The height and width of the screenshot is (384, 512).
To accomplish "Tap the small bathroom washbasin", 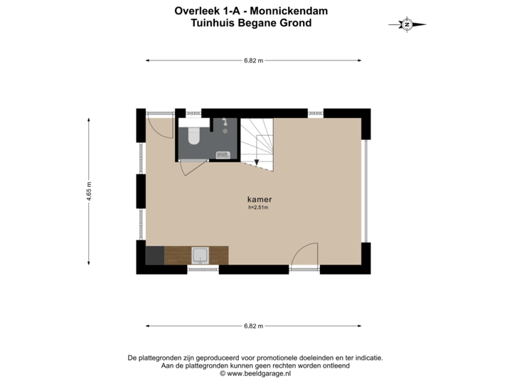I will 222,154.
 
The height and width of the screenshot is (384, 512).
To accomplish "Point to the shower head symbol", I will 224,122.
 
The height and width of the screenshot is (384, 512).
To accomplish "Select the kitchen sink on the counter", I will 201,255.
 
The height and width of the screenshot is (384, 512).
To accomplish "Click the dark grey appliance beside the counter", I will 154,255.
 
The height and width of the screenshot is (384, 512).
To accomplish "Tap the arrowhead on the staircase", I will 256,162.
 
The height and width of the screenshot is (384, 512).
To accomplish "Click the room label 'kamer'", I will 259,200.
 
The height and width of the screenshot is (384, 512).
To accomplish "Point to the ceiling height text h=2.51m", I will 259,208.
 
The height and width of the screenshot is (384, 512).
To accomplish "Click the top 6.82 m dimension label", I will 253,60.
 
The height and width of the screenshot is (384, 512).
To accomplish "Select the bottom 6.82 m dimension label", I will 253,326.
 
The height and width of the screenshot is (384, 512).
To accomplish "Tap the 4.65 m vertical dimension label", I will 89,192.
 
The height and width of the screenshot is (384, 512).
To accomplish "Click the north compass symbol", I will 407,24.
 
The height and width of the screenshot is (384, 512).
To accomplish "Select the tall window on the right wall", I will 366,191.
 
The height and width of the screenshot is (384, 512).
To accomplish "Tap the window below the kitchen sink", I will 203,270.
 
